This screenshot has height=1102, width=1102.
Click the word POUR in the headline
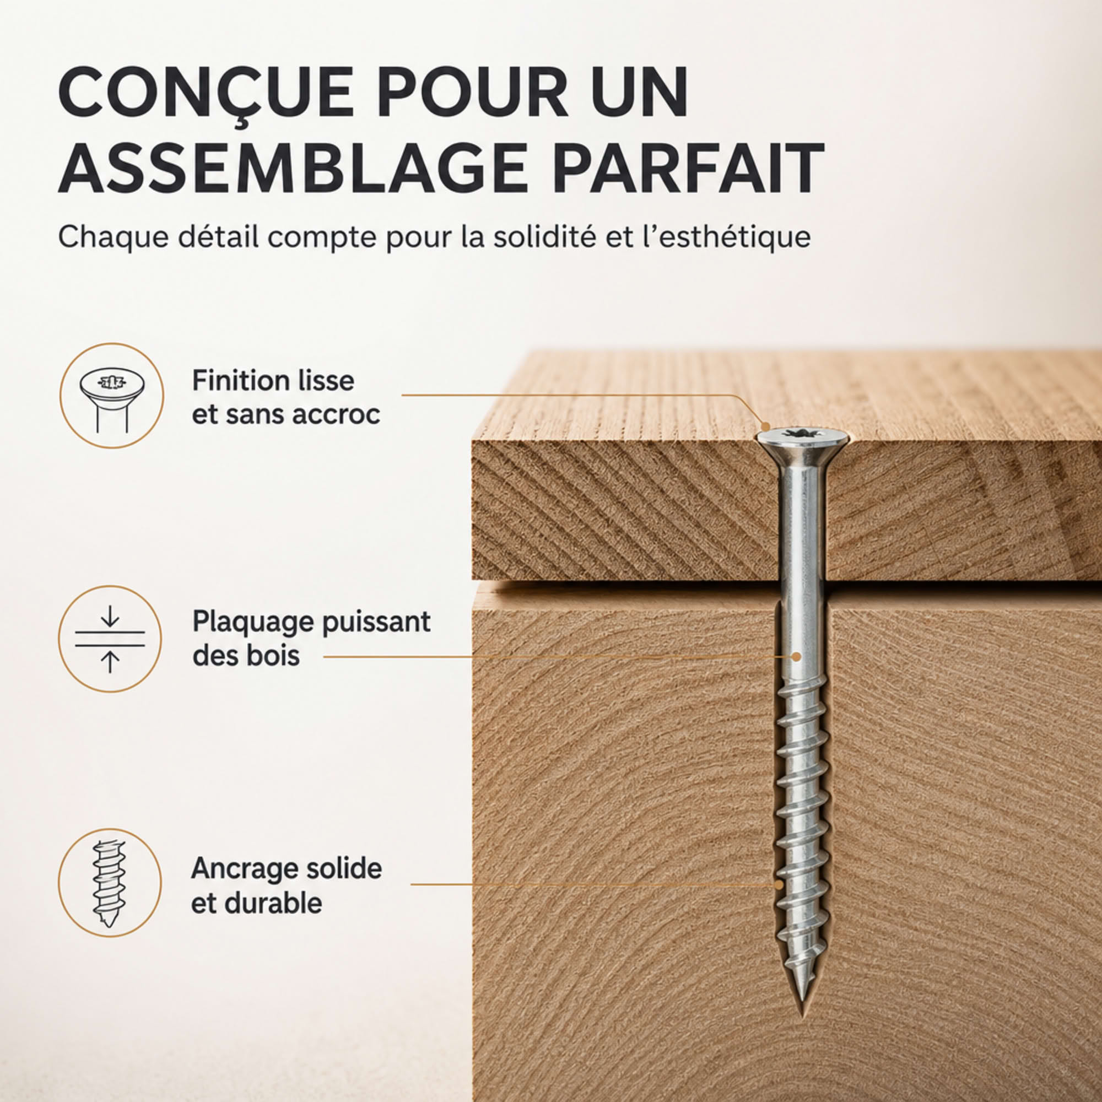(473, 93)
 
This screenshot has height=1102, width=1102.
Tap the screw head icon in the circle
(111, 395)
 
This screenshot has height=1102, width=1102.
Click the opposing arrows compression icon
(110, 639)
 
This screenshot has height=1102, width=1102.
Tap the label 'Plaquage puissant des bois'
(311, 638)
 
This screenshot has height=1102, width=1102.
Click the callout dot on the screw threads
(779, 884)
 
